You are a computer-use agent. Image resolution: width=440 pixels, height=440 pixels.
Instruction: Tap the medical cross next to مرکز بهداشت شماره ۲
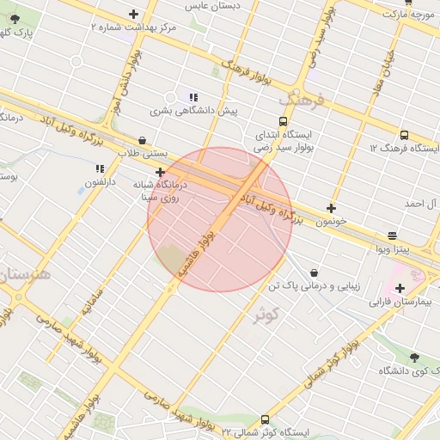coord(133,14)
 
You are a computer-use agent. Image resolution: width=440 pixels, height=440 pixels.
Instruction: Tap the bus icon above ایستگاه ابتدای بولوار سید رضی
coord(284,122)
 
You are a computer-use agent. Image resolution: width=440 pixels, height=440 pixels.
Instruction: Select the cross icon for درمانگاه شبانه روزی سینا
coord(160,172)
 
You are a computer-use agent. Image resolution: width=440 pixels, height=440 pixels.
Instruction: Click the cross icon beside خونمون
coord(332,208)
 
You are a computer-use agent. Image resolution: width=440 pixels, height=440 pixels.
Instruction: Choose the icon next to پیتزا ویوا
coord(393,235)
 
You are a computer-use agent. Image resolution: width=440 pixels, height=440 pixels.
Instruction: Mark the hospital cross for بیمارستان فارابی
coord(400,288)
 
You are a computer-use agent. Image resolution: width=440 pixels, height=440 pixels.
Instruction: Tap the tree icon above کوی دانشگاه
coord(414,357)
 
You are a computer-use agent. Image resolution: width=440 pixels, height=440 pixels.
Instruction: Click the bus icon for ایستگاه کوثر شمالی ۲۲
coord(264,419)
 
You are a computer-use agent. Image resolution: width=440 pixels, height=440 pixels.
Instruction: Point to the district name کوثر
coord(269,315)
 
